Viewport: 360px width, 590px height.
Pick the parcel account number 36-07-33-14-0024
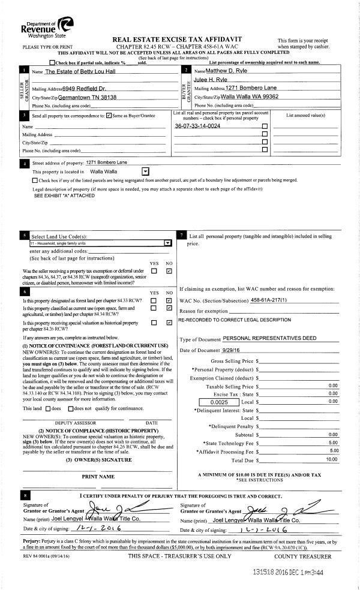197,126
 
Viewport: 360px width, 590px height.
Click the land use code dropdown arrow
167,243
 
